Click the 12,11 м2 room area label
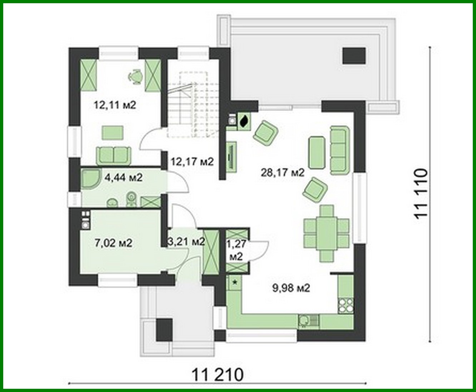coord(114,105)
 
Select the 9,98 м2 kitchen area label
coord(291,288)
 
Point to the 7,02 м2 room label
coord(113,243)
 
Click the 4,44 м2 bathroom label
coord(124,177)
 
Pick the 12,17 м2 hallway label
coord(192,162)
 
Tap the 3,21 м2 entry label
coord(186,242)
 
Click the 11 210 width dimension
coord(217,375)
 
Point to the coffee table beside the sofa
coord(316,152)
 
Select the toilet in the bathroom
coord(132,198)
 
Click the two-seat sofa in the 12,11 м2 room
coord(114,156)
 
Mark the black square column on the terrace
coord(354,56)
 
